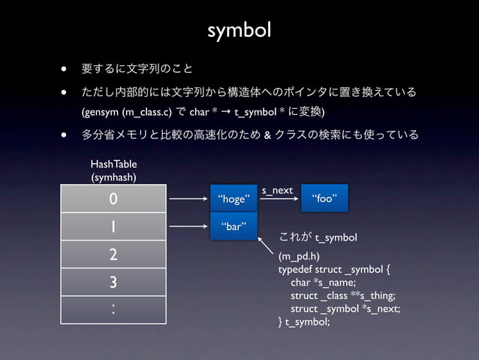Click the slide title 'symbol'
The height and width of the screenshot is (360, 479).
pos(239,31)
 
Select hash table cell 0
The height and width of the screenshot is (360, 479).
pos(113,199)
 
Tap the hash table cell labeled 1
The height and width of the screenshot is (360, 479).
pos(113,226)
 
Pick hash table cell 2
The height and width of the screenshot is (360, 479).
pos(113,254)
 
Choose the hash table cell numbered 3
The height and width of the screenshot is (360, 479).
pos(113,283)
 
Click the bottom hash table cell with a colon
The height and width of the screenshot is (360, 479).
pos(113,310)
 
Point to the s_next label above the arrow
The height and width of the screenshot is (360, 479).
pos(277,191)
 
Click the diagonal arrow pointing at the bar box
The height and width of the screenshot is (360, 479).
pos(267,247)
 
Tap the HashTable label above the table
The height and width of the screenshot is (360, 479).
pos(113,164)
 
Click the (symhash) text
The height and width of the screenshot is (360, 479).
pos(113,177)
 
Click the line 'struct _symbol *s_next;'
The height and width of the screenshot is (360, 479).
pos(345,309)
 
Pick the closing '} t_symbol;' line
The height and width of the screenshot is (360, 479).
pos(304,322)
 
